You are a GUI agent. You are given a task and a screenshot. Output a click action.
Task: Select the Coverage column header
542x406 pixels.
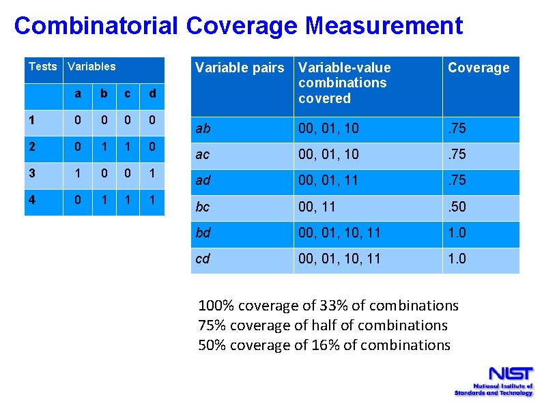tap(479, 68)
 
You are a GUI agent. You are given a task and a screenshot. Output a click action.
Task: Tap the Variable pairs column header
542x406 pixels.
tap(240, 68)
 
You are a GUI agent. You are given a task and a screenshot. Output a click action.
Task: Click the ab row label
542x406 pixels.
tap(203, 129)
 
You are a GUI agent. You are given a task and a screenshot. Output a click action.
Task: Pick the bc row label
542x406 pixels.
tap(203, 207)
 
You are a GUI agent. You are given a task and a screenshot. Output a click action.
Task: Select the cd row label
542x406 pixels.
tap(203, 259)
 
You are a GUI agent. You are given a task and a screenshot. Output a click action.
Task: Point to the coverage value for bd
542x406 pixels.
tap(457, 233)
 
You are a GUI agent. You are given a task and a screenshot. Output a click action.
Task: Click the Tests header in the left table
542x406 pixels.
tap(43, 66)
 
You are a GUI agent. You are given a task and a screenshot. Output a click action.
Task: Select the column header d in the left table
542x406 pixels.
tap(152, 93)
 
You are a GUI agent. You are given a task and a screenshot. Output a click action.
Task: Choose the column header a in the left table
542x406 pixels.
tap(79, 93)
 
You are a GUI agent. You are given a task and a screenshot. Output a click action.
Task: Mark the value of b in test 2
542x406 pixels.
tap(104, 147)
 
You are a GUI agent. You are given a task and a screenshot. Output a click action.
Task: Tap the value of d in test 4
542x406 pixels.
tap(152, 201)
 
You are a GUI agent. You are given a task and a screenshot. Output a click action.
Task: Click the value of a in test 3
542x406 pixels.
tap(79, 173)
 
